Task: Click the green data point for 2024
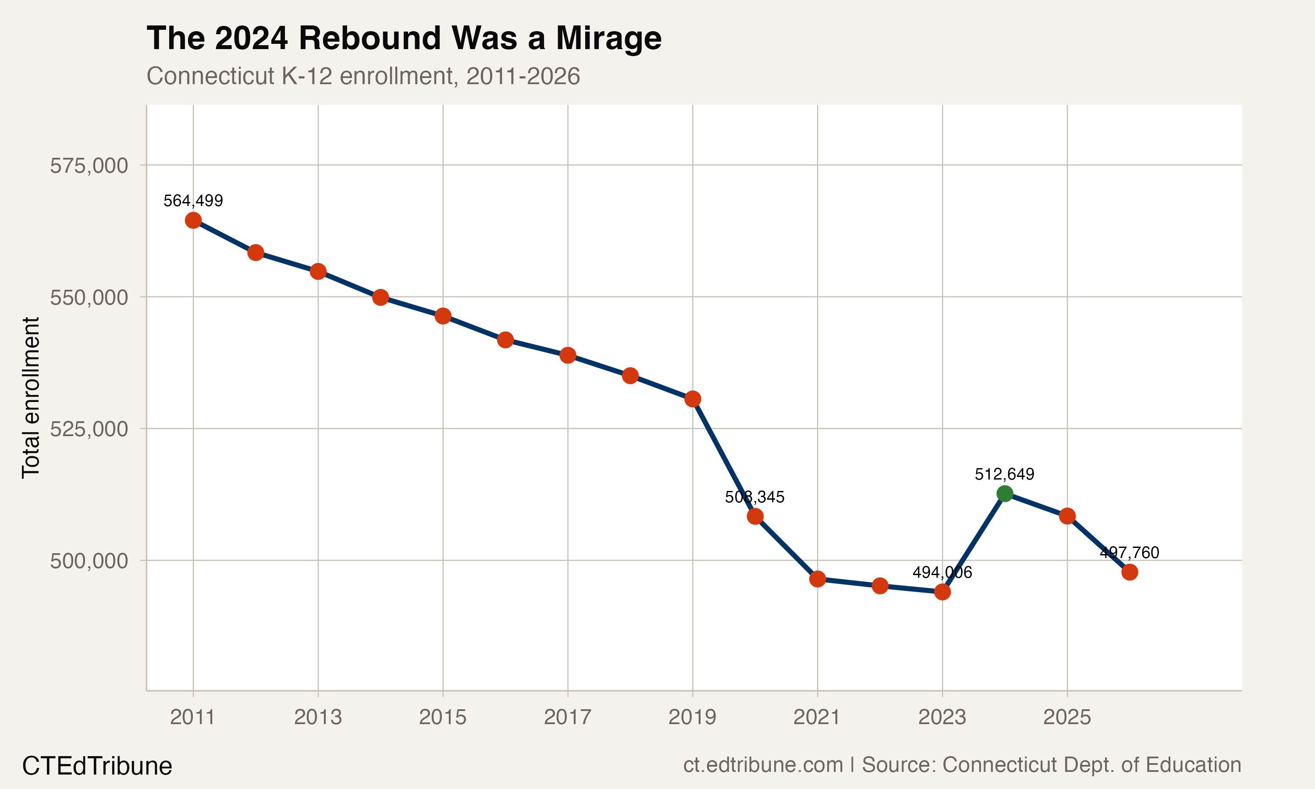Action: (1004, 494)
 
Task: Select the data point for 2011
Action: (193, 220)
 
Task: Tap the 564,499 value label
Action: (193, 201)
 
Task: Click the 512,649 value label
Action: (1004, 474)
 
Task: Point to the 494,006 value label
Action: (942, 572)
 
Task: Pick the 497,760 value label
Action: (1129, 553)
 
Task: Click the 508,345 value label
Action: (754, 497)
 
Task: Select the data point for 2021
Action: (817, 579)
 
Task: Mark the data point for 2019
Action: (692, 399)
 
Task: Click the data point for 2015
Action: (443, 316)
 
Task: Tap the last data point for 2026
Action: (1129, 572)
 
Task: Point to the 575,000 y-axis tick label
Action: (89, 166)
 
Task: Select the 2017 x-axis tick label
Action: (567, 717)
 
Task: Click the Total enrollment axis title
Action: (31, 398)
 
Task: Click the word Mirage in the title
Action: (608, 38)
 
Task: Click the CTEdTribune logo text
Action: (97, 766)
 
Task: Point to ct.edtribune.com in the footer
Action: (763, 764)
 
